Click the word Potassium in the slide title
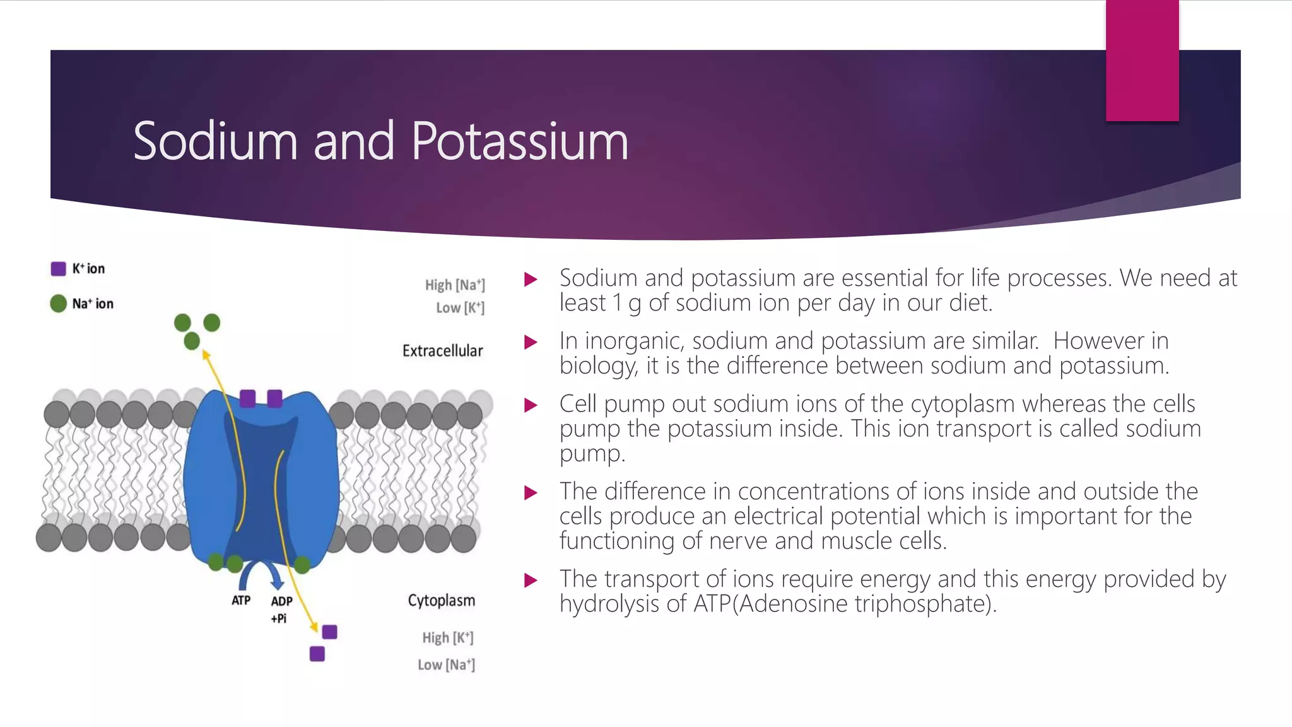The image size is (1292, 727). pos(519,141)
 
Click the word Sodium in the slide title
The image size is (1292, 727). pos(215,141)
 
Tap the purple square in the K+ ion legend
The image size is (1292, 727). pos(59,269)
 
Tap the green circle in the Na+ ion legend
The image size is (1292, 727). pos(59,304)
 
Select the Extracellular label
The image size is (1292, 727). pos(442,351)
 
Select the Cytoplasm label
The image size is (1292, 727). pos(441,600)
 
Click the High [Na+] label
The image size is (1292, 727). pos(455,285)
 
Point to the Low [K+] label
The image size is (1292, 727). pos(460,308)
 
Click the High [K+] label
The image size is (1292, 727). pos(447,638)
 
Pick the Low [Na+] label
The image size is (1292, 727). pos(446,665)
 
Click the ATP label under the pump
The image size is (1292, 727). pos(241,600)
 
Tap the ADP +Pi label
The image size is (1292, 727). pos(281,609)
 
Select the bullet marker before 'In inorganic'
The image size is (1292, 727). pos(531,342)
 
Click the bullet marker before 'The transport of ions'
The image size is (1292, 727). pos(531,580)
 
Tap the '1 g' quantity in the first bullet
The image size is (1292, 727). pos(626,304)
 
